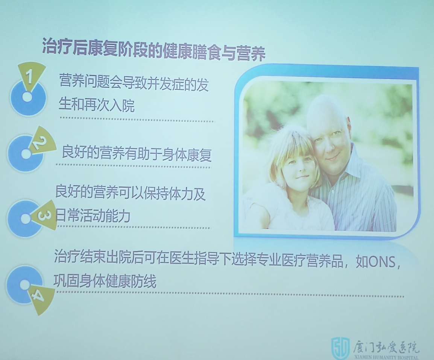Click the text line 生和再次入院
click(x=97, y=106)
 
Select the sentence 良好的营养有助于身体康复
click(x=136, y=154)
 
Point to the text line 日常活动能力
click(x=93, y=216)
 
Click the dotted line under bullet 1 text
click(x=137, y=121)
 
